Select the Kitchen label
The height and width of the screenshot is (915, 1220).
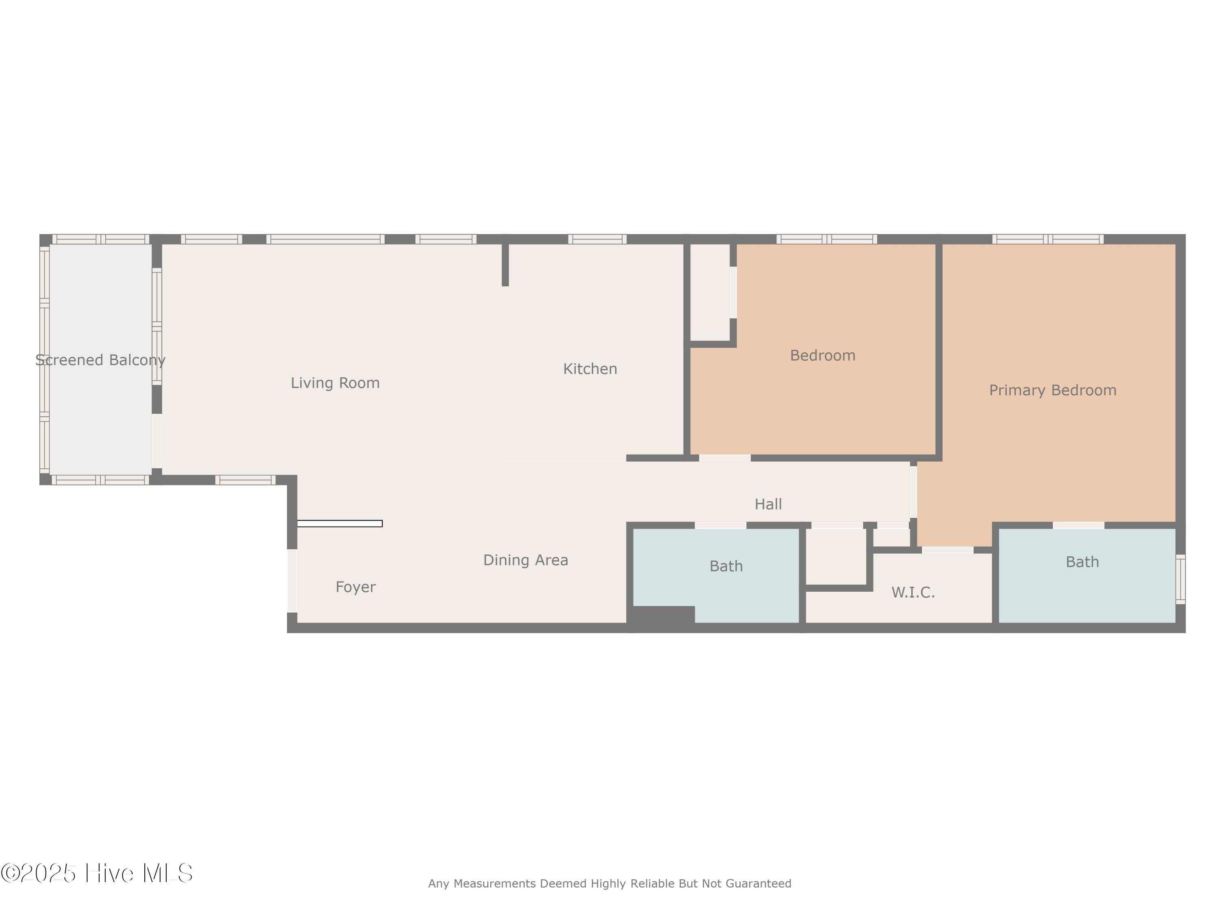pos(590,369)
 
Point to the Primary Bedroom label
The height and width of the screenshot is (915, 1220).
pos(1052,390)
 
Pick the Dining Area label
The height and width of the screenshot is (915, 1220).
pos(525,560)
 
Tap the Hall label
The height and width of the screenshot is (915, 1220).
pos(768,504)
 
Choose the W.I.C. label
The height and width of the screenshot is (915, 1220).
pos(913,593)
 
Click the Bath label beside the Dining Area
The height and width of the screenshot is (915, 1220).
pos(726,566)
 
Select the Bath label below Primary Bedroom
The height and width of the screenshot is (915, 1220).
pos(1082,562)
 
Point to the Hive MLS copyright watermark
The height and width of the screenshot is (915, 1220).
pos(96,873)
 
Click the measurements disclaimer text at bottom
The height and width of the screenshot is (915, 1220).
pos(610,884)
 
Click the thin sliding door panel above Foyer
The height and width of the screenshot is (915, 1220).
pos(340,523)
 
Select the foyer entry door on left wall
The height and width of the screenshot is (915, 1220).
pos(292,580)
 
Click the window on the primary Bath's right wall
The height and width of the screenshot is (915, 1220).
pos(1180,579)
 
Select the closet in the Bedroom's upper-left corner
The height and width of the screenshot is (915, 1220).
pos(710,292)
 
